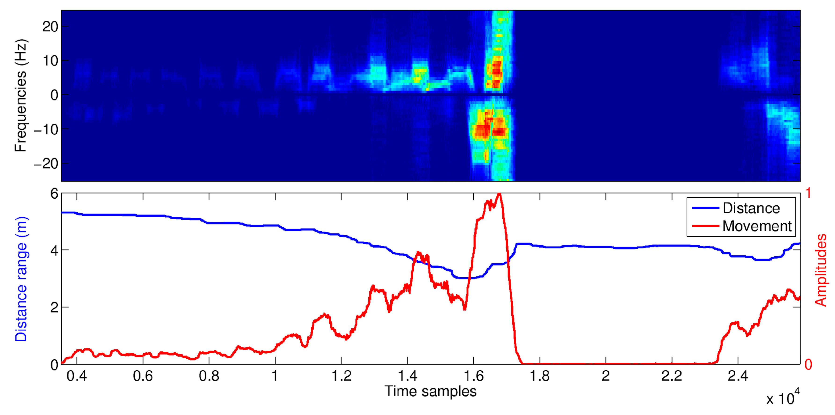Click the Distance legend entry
pos(751,208)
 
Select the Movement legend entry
pos(757,226)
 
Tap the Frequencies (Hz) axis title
pos(21,96)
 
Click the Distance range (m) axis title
pos(21,279)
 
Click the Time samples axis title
pos(430,391)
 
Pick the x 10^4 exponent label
pos(782,398)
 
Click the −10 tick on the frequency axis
pos(46,129)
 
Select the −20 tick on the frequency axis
pos(46,164)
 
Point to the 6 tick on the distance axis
pos(54,194)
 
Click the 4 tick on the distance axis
pos(54,250)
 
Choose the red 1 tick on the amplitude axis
pos(808,193)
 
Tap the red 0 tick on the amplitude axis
pos(808,365)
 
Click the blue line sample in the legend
pos(705,208)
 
